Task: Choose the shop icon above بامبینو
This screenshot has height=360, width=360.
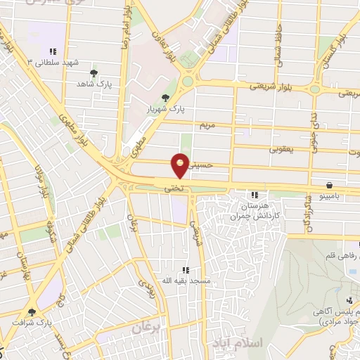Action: click(330, 185)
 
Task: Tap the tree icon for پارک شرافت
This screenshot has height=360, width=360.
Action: click(31, 311)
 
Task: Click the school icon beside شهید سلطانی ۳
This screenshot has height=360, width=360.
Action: click(52, 51)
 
